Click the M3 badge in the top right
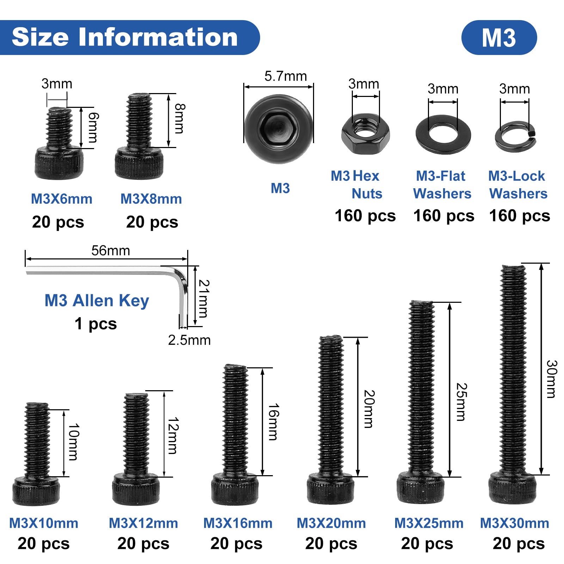pyautogui.click(x=499, y=37)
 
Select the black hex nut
pyautogui.click(x=366, y=134)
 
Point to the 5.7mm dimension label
pyautogui.click(x=286, y=76)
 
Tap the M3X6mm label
pyautogui.click(x=62, y=199)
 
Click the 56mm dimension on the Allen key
pyautogui.click(x=111, y=251)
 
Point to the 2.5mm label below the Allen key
pyautogui.click(x=189, y=340)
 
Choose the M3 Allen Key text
pyautogui.click(x=97, y=301)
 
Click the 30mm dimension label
pyautogui.click(x=551, y=379)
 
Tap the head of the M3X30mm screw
pyautogui.click(x=513, y=489)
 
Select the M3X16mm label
pyautogui.click(x=238, y=523)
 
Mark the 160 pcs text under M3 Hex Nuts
pyautogui.click(x=365, y=216)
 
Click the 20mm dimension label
pyautogui.click(x=368, y=409)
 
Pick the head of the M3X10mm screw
pyautogui.click(x=36, y=491)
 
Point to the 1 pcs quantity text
pyautogui.click(x=96, y=324)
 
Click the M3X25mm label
pyautogui.click(x=429, y=523)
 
